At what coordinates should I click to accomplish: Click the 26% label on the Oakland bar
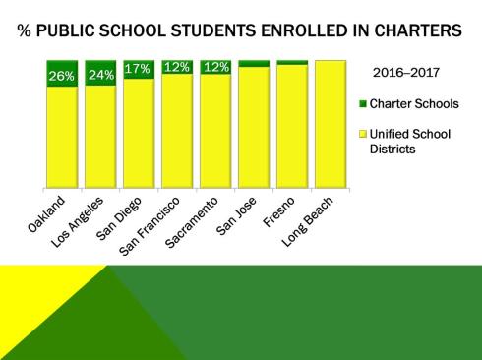[x=61, y=75]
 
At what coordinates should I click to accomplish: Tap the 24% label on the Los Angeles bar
[x=99, y=75]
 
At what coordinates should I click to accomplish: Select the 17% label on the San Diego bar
[x=137, y=69]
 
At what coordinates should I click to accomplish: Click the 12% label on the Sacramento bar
[x=214, y=67]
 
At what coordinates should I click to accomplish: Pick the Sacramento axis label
[x=200, y=217]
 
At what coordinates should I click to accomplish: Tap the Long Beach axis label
[x=316, y=216]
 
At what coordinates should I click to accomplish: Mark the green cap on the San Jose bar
[x=253, y=63]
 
